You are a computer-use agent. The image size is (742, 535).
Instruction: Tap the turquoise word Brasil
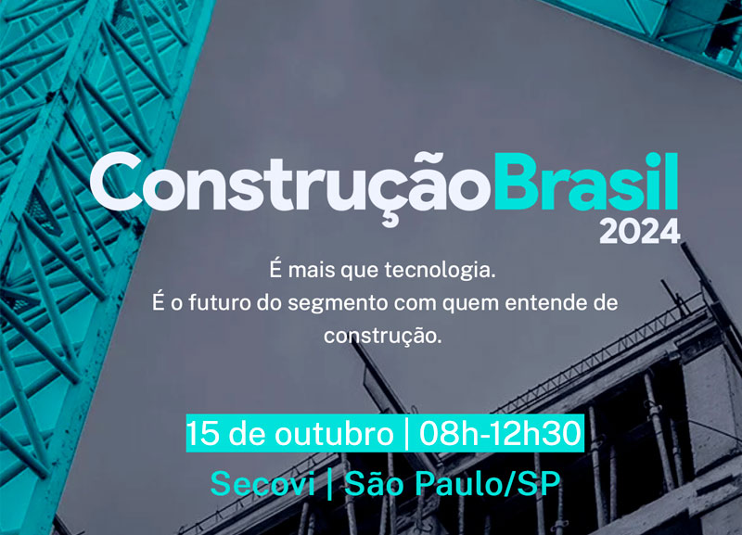586,181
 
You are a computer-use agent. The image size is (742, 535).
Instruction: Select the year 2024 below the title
640,231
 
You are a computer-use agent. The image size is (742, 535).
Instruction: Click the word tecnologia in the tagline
440,271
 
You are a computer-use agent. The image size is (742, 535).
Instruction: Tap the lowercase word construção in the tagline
383,337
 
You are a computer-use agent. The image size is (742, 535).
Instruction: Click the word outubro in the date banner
334,433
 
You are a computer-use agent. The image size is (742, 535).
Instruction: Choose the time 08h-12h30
500,433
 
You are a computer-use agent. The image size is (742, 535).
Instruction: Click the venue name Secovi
262,484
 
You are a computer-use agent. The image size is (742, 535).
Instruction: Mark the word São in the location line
374,483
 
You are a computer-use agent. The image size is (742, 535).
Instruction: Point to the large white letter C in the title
116,181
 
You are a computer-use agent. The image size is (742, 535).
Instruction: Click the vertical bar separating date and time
406,433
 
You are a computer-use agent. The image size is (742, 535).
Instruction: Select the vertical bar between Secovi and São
330,484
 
